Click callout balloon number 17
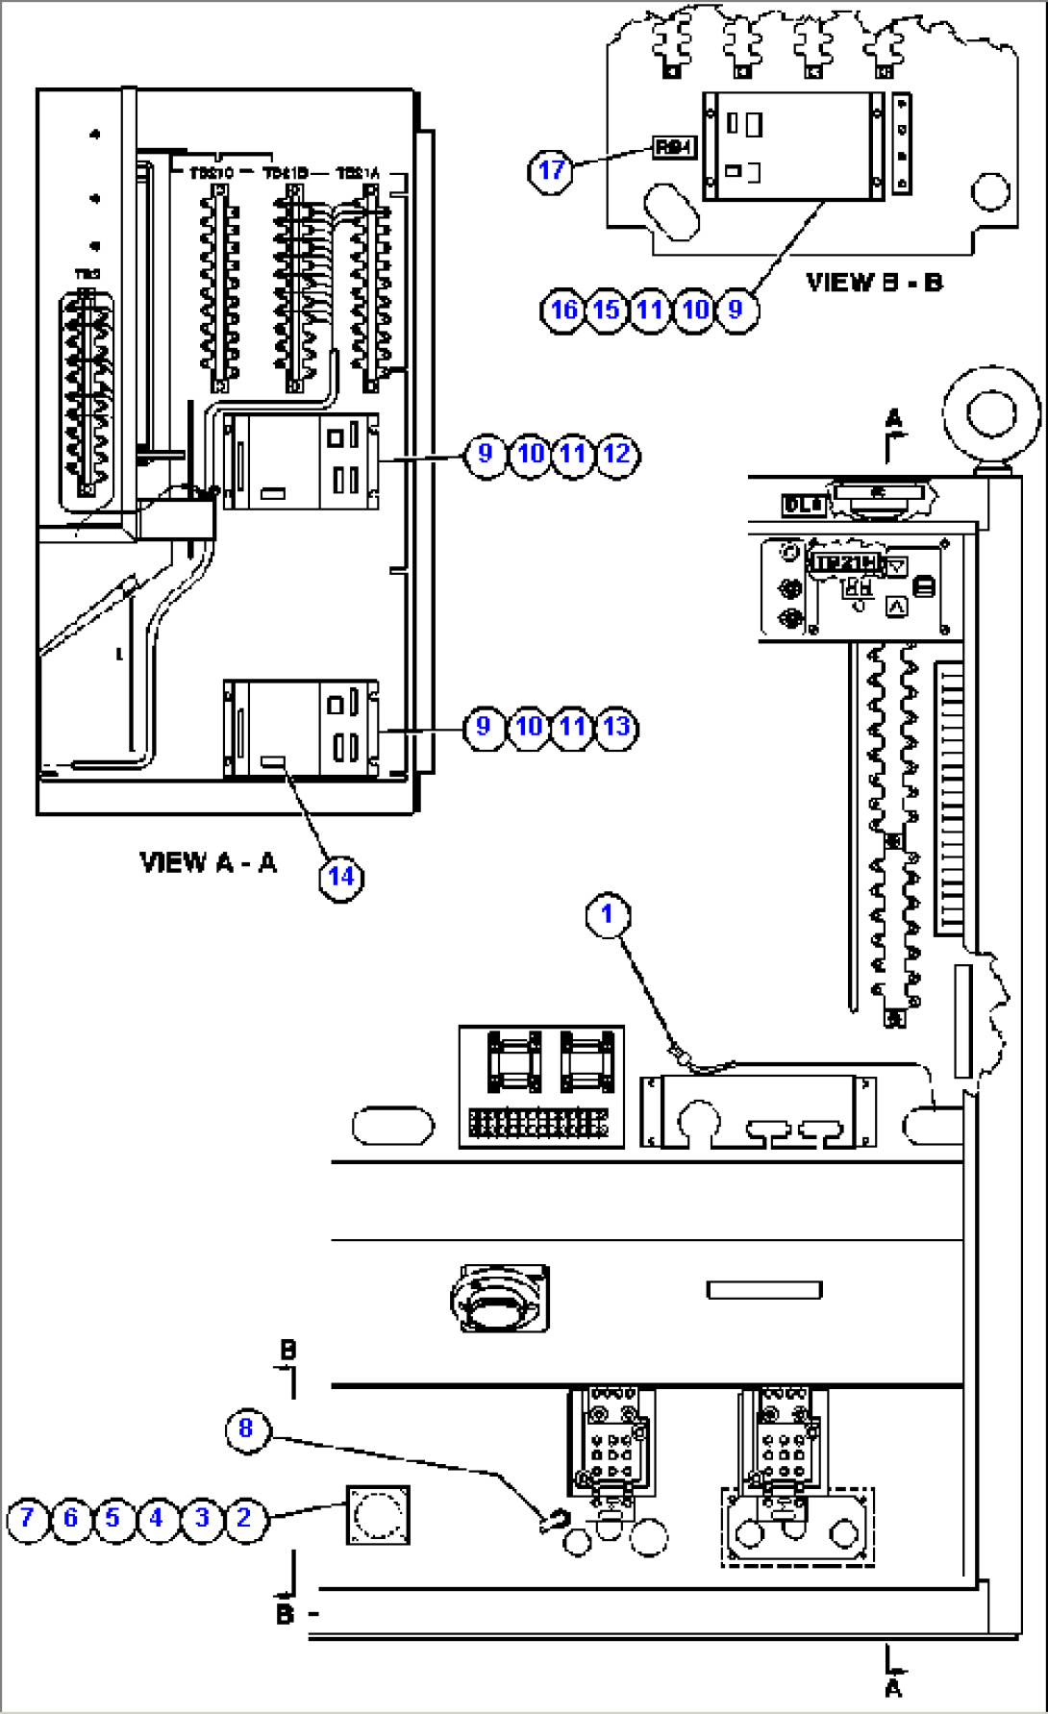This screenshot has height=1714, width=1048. tap(551, 171)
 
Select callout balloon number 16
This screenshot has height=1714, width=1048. tap(563, 310)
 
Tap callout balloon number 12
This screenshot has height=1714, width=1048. tap(617, 454)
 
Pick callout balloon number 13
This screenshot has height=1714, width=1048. tap(617, 727)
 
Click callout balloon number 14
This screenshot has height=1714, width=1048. tap(341, 877)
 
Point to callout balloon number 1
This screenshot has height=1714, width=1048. tap(607, 914)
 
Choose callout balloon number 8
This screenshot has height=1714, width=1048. tap(246, 1428)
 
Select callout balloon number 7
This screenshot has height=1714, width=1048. tap(27, 1518)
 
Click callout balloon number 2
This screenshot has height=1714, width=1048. tap(244, 1518)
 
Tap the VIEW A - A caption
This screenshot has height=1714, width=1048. tap(208, 862)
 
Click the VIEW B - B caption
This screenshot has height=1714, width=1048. tap(874, 283)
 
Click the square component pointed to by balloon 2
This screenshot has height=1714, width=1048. tap(378, 1516)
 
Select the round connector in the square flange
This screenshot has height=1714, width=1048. tap(499, 1299)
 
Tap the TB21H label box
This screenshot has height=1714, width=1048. tap(845, 563)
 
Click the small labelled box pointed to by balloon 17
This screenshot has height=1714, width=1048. tap(673, 147)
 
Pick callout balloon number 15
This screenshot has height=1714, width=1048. tap(606, 310)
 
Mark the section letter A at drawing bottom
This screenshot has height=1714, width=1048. tap(894, 1689)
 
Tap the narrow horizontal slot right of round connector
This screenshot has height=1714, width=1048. tap(764, 1290)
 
